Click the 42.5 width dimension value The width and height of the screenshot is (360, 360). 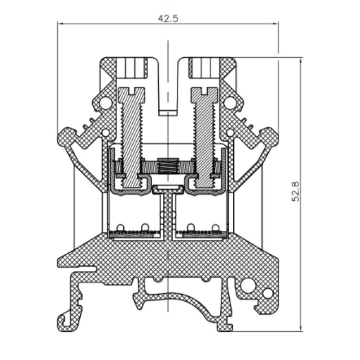(168, 18)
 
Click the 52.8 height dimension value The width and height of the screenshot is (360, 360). (296, 191)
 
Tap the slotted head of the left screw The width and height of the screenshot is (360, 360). (131, 95)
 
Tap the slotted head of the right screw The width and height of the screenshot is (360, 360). (204, 95)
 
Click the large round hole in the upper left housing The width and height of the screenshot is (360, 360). (105, 103)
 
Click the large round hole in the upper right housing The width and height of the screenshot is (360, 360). (230, 103)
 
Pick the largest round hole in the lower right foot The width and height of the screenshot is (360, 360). (248, 285)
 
